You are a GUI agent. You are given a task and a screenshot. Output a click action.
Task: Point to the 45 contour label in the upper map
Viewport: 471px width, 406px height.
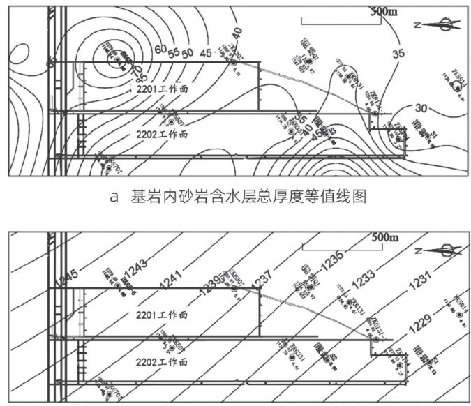(x=205, y=52)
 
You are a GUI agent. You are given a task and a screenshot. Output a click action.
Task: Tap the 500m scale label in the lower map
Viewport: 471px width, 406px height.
(x=382, y=238)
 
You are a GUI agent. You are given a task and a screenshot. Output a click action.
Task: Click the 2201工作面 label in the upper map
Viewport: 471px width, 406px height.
(x=161, y=90)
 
